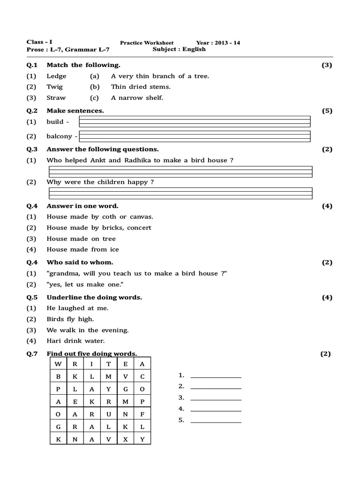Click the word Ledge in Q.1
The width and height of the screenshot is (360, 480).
pyautogui.click(x=56, y=76)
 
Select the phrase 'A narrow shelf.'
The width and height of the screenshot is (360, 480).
pyautogui.click(x=137, y=98)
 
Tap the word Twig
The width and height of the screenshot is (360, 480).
pyautogui.click(x=54, y=87)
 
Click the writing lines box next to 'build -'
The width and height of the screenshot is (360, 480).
pyautogui.click(x=195, y=121)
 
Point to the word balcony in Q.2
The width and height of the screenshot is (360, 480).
pyautogui.click(x=59, y=136)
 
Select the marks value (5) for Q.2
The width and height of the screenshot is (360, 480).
pyautogui.click(x=327, y=111)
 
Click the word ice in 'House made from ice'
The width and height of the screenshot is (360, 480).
pyautogui.click(x=114, y=249)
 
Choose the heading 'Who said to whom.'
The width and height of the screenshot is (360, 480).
pyautogui.click(x=80, y=262)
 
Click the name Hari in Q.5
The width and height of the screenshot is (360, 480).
pyautogui.click(x=53, y=341)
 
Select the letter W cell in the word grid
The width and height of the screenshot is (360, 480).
pyautogui.click(x=58, y=364)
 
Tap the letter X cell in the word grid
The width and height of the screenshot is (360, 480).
pyautogui.click(x=125, y=440)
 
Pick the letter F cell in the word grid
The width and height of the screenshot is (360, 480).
pyautogui.click(x=142, y=414)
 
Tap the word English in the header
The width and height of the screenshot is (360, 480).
pyautogui.click(x=194, y=49)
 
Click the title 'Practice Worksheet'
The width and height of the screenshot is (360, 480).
pyautogui.click(x=143, y=43)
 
